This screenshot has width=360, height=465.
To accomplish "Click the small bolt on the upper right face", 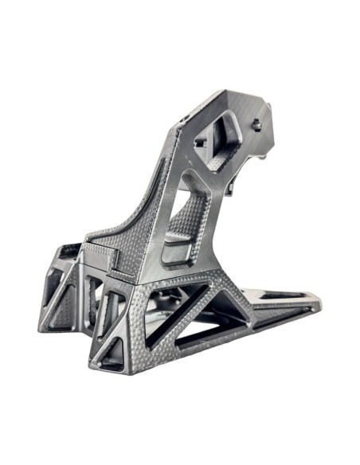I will tap(256, 125).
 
